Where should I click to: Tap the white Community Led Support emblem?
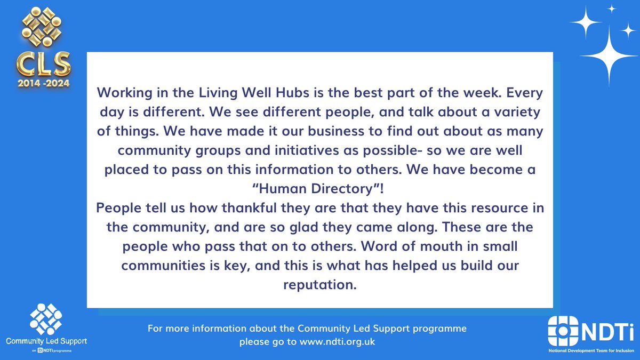coord(45,320)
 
